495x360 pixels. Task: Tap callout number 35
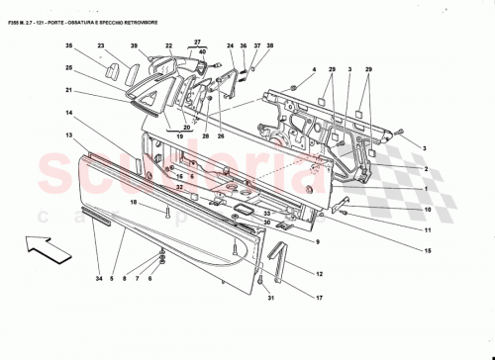(69, 46)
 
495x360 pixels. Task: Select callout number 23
(101, 46)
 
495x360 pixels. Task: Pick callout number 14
(69, 114)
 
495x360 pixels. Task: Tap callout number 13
(69, 134)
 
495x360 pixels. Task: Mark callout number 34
(98, 280)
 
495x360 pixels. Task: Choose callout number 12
(319, 272)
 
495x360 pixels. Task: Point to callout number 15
(429, 252)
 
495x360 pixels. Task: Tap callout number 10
(429, 210)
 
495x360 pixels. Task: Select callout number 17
(319, 298)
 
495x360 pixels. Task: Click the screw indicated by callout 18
(169, 211)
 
